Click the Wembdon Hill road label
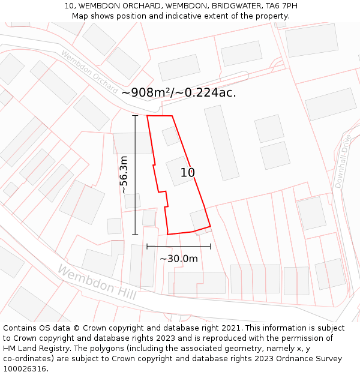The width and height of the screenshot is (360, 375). pyautogui.click(x=97, y=282)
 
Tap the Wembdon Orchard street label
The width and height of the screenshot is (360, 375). pyautogui.click(x=89, y=71)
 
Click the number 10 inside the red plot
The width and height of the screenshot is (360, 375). pyautogui.click(x=188, y=173)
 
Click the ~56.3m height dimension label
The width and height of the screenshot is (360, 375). pyautogui.click(x=124, y=175)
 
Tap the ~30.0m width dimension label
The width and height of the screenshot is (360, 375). pyautogui.click(x=178, y=259)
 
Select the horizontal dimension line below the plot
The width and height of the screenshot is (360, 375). pyautogui.click(x=178, y=246)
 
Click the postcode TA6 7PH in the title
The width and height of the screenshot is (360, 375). pyautogui.click(x=281, y=6)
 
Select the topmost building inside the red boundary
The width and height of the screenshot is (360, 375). pyautogui.click(x=170, y=136)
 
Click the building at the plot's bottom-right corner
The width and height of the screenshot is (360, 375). pyautogui.click(x=200, y=220)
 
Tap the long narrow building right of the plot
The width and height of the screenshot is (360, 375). pyautogui.click(x=221, y=143)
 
